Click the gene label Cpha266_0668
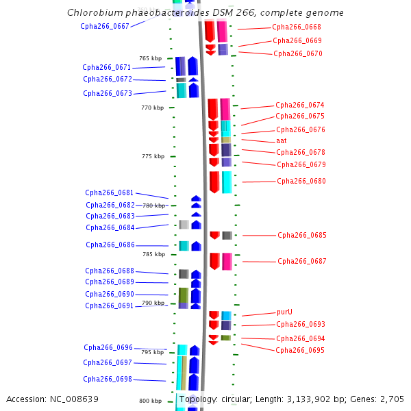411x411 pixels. point(297,27)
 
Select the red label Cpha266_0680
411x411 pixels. point(301,182)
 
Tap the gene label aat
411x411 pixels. point(282,140)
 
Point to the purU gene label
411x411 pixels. point(285,312)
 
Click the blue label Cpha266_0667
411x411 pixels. point(105,26)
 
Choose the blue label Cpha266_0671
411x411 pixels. point(107,67)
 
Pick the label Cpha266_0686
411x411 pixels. point(110,245)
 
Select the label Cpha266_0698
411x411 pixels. point(108,379)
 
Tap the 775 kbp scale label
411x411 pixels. point(153,156)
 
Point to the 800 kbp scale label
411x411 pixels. point(150,401)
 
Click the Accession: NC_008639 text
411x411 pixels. point(52,399)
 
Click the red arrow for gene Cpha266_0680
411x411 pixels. point(214,182)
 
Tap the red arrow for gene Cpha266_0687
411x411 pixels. point(214,261)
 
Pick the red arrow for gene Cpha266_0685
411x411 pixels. point(214,235)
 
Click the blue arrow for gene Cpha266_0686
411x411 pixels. point(196,246)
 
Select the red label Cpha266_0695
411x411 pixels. point(300,350)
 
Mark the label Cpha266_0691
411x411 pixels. point(110,306)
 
